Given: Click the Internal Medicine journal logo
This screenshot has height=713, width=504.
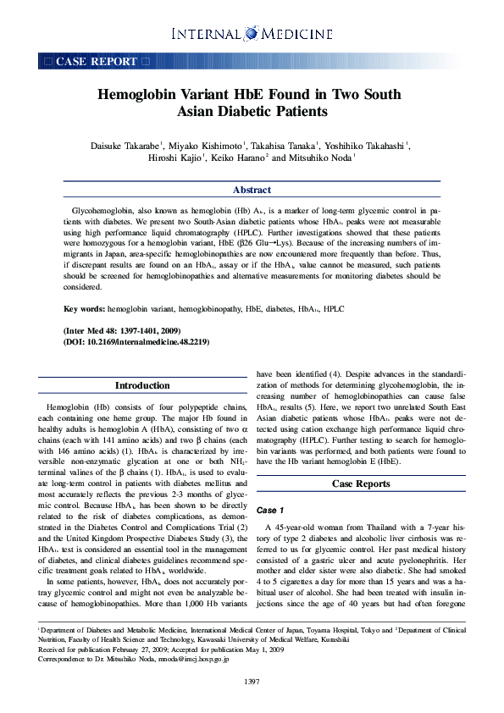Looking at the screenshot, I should click(x=252, y=34).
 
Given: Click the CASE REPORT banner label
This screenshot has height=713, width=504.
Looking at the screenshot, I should click(x=96, y=62).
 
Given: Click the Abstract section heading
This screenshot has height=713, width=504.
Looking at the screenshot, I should click(x=252, y=191).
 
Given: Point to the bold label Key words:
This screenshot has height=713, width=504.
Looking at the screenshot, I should click(x=85, y=311).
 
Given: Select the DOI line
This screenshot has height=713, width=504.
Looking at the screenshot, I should click(x=136, y=342).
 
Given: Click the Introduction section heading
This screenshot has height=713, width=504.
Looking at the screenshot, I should click(x=142, y=385).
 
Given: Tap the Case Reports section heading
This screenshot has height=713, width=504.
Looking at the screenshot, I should click(x=361, y=484).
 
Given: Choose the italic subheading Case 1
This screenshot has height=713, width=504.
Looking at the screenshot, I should click(x=271, y=511).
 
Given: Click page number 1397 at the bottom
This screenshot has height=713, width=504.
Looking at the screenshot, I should click(x=252, y=682).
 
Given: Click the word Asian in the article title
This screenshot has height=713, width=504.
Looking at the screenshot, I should click(x=202, y=112).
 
